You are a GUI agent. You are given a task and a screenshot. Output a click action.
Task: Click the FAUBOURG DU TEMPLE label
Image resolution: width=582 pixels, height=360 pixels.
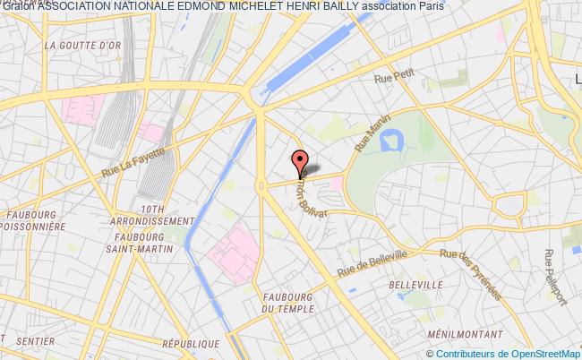[288, 303]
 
